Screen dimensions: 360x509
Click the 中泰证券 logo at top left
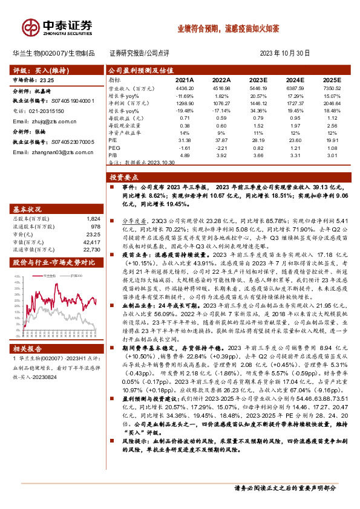coord(57,27)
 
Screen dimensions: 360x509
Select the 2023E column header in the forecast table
coord(258,79)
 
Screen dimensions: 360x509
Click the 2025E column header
coord(332,79)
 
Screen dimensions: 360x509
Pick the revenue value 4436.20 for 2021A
coord(185,88)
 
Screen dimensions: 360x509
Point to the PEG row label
coord(114,147)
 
